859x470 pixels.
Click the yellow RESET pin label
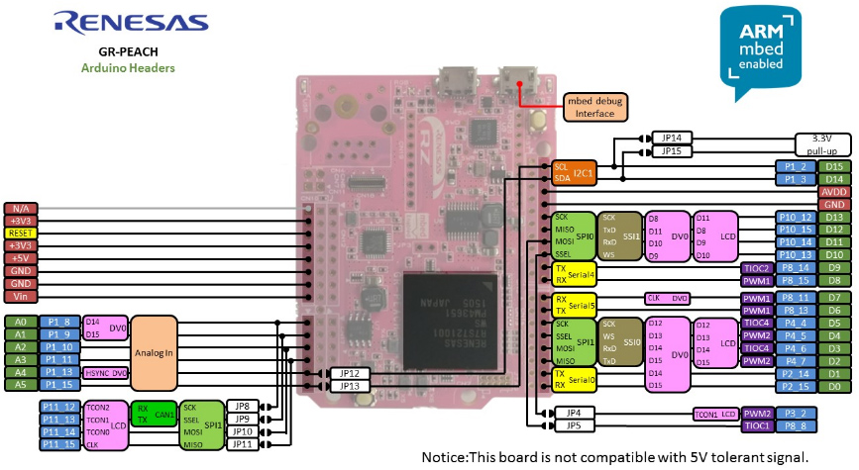20,233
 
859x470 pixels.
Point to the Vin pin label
20,296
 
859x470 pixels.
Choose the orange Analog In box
154,353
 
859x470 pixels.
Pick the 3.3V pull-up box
821,143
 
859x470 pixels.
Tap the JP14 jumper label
671,138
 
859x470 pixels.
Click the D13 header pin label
834,217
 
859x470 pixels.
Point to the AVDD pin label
834,191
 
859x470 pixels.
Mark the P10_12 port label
795,217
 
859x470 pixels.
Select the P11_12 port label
58,406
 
